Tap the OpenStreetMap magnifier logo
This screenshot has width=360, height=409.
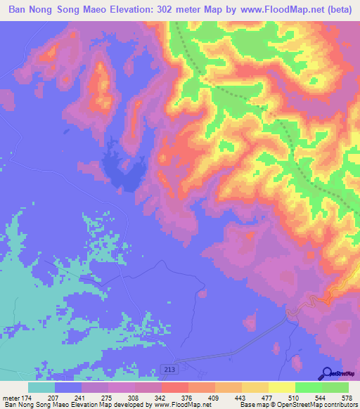click(x=326, y=375)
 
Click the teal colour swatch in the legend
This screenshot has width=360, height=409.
click(x=41, y=387)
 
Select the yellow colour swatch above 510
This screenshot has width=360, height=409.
click(x=281, y=387)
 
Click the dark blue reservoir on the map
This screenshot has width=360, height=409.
click(x=122, y=171)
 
